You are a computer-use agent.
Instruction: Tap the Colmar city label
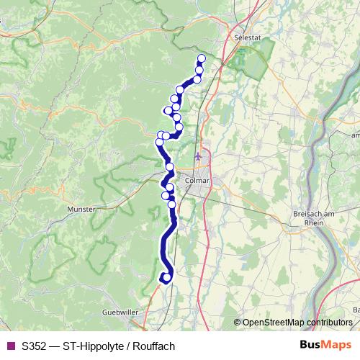coord(197,181)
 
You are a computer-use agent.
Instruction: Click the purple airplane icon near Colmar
coord(199,156)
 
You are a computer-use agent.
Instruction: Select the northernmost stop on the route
coord(202,58)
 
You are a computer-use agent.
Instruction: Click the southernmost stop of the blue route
coord(166,276)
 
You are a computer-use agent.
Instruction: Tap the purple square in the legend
coord(10,346)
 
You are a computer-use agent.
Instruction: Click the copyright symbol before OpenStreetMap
coord(238,322)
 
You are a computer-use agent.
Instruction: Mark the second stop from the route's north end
coord(199,69)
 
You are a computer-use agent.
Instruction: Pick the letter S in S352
coord(25,346)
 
